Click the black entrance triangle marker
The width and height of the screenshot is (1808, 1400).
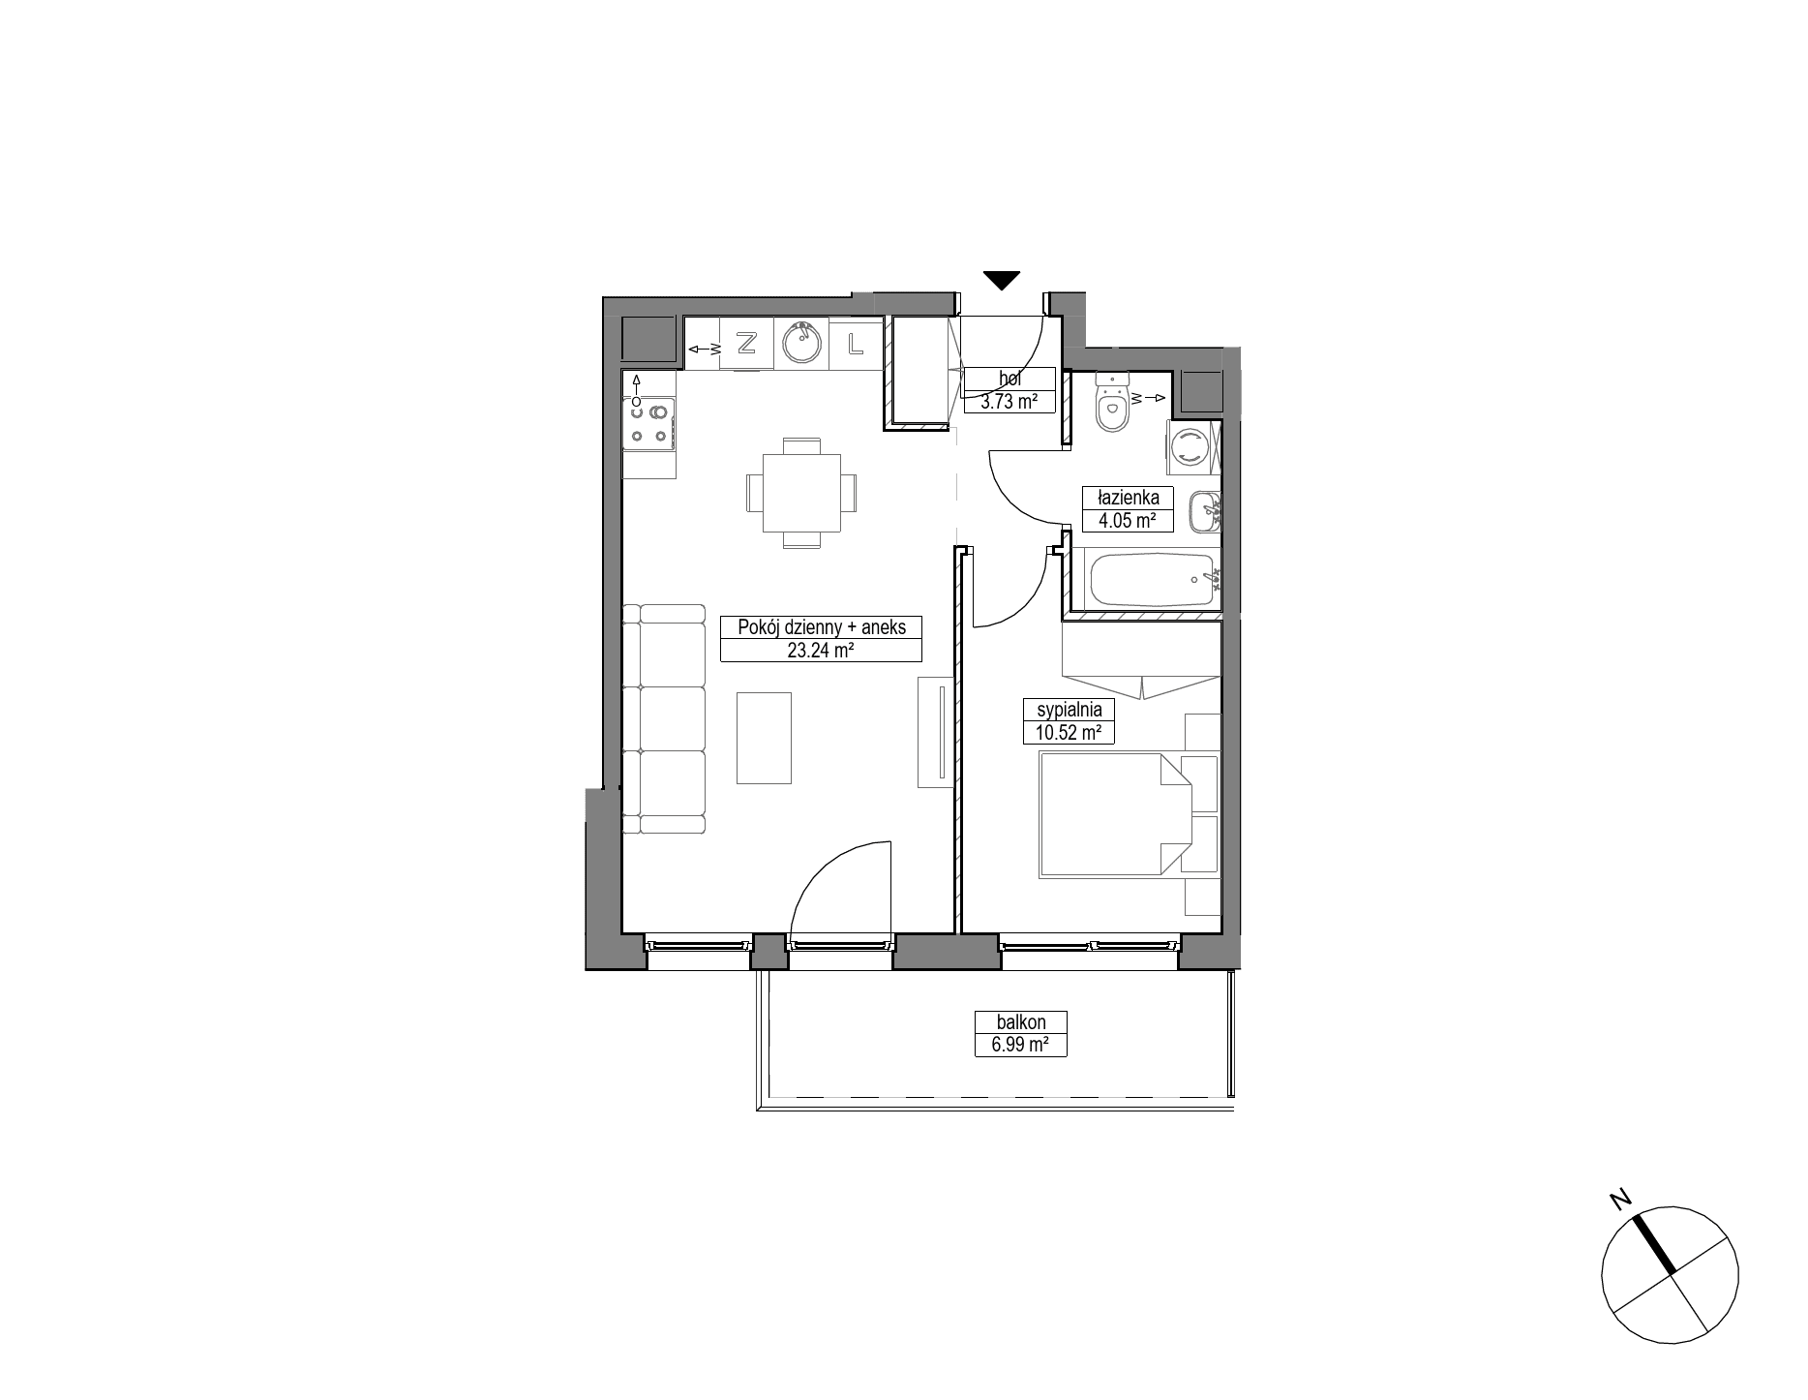tap(1002, 281)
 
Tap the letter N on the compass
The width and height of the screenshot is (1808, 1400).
tap(1618, 1201)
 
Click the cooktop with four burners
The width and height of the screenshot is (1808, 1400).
tap(649, 425)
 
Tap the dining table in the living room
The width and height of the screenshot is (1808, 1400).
tap(802, 493)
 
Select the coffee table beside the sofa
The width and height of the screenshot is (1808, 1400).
tap(765, 738)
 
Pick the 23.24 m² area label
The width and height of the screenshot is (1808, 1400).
tap(820, 651)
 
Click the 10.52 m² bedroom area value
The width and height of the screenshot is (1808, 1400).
tap(1069, 733)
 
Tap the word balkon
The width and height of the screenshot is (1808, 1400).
tap(1021, 1022)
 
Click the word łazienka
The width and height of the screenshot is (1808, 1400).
tap(1128, 499)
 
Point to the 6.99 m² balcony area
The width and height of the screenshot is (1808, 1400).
tap(1021, 1045)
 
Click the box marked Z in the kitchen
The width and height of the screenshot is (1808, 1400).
tap(746, 344)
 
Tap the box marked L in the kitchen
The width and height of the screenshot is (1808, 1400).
tap(856, 344)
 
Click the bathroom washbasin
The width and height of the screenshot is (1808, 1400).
tap(1204, 510)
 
